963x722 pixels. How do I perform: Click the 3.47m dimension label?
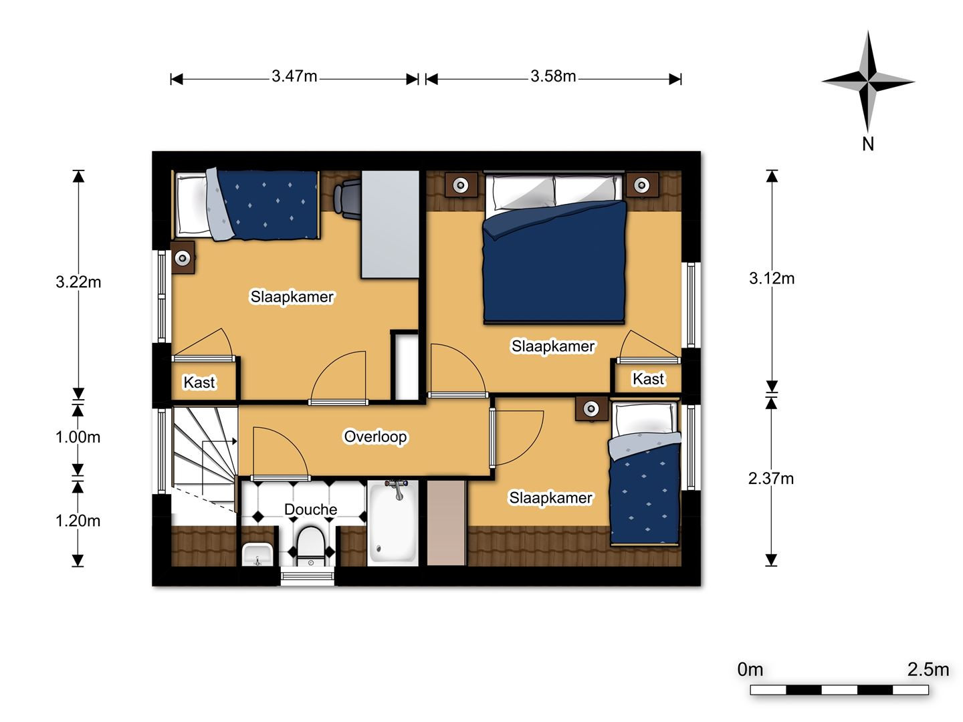(x=294, y=76)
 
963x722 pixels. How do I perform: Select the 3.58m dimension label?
(x=553, y=76)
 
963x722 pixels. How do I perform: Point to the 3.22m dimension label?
(x=78, y=282)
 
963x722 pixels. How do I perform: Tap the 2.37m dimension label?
(x=771, y=478)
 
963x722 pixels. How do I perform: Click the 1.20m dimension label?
(x=78, y=521)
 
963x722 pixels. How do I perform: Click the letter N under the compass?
(x=868, y=144)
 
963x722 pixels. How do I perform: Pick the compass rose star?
(x=868, y=81)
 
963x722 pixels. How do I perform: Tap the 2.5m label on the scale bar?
(x=928, y=670)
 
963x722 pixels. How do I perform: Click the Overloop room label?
(x=375, y=437)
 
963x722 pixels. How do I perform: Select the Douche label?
(x=310, y=509)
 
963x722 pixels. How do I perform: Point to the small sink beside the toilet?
(x=257, y=554)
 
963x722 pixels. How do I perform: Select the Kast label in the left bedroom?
(x=199, y=382)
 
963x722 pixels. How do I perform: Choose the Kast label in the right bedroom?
(x=648, y=379)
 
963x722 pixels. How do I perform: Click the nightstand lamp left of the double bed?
(x=461, y=185)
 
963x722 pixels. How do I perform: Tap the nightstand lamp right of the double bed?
(x=642, y=185)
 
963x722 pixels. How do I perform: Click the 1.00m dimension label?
(x=78, y=437)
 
